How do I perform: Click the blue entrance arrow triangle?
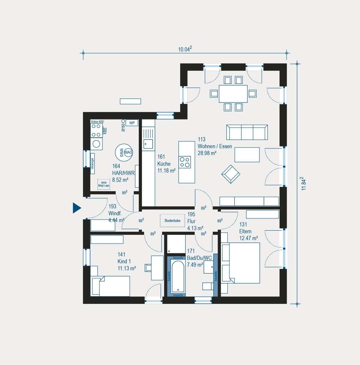pyautogui.click(x=76, y=208)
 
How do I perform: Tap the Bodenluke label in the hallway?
pyautogui.click(x=172, y=221)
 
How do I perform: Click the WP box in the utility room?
pyautogui.click(x=132, y=123)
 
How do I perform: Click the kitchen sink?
pyautogui.click(x=148, y=144)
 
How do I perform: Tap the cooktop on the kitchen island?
pyautogui.click(x=185, y=162)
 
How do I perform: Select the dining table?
pyautogui.click(x=233, y=94)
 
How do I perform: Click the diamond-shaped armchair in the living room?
pyautogui.click(x=231, y=174)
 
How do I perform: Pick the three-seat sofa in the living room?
pyautogui.click(x=247, y=132)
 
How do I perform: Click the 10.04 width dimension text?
pyautogui.click(x=185, y=50)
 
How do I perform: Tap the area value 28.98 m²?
pyautogui.click(x=207, y=153)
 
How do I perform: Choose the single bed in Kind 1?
pyautogui.click(x=110, y=286)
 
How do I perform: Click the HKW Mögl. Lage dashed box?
pyautogui.click(x=104, y=184)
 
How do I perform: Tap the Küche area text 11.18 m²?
pyautogui.click(x=166, y=170)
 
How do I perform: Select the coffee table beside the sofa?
pyautogui.click(x=247, y=155)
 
